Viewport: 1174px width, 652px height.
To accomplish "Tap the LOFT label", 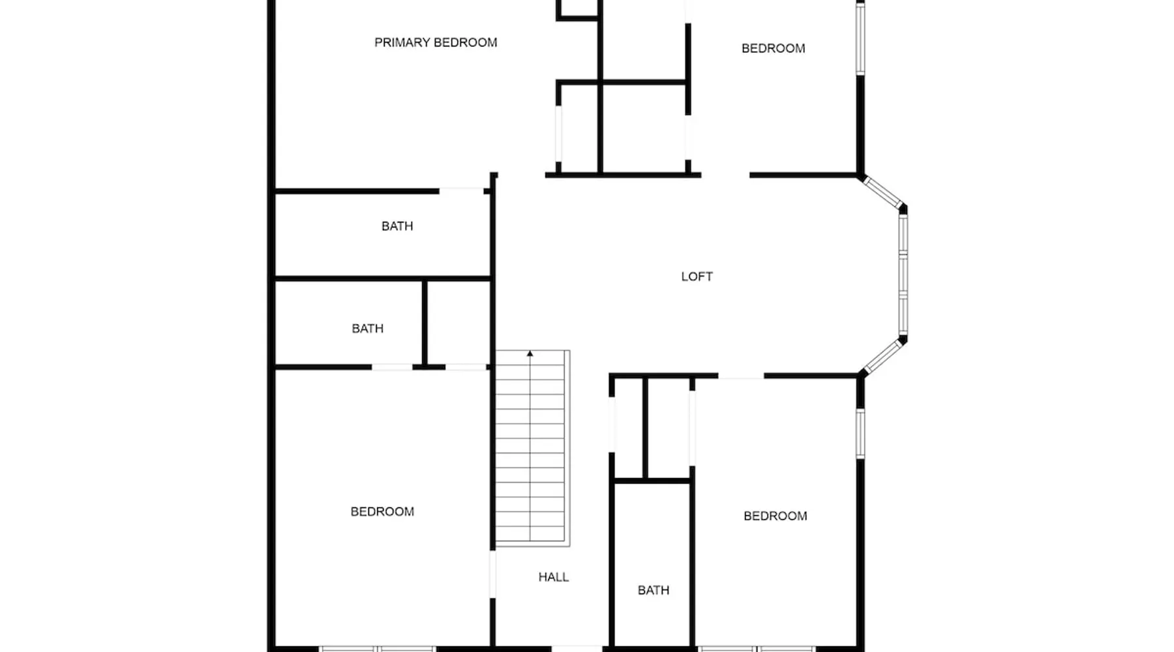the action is click(697, 276).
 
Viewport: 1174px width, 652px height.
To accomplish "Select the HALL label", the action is click(553, 577).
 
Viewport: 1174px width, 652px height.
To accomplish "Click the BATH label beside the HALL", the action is click(653, 590).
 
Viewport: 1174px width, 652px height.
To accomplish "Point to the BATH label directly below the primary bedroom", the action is click(397, 226).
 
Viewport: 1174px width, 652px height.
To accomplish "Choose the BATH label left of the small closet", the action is click(367, 329).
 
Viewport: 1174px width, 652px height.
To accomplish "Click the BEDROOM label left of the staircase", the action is click(382, 512).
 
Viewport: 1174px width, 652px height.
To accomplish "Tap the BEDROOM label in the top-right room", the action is click(773, 48).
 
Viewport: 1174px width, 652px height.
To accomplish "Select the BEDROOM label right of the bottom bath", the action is click(775, 516).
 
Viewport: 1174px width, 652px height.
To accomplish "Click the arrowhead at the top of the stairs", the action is click(530, 354).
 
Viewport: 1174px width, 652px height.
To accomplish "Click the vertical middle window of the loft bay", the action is click(903, 275).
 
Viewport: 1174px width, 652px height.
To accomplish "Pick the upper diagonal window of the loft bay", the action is click(882, 192).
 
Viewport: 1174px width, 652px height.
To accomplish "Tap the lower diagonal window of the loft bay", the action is click(882, 356).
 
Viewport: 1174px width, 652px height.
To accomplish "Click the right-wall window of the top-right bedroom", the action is click(860, 38).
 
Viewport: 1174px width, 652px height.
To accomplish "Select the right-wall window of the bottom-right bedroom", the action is click(860, 434).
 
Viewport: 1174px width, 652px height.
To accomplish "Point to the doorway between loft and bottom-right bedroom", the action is click(741, 376).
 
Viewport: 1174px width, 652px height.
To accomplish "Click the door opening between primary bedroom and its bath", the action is click(461, 191).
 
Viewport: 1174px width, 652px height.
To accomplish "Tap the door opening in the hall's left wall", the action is click(492, 574).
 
